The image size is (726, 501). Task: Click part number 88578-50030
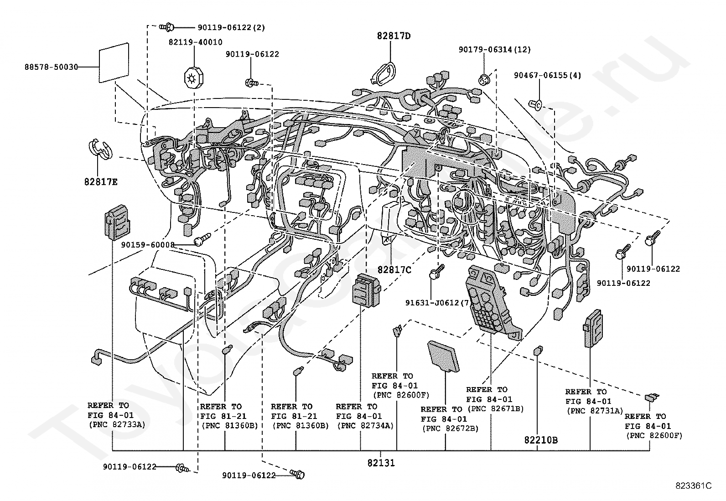tap(51, 67)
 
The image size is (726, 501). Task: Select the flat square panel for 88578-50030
tap(114, 62)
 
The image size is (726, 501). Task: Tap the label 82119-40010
tap(196, 42)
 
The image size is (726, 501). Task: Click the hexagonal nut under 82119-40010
tap(193, 78)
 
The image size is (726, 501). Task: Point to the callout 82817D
tap(394, 36)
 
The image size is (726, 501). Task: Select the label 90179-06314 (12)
tap(495, 50)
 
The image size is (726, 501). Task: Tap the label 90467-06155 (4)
tap(547, 75)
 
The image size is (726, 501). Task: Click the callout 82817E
tap(101, 182)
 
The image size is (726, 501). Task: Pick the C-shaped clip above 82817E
tap(99, 150)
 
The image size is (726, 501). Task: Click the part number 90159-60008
tap(148, 245)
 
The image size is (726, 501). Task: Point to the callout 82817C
tap(394, 270)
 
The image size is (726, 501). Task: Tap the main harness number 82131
tap(381, 463)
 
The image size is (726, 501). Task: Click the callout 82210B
tap(541, 440)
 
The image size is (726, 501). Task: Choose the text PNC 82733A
tap(117, 424)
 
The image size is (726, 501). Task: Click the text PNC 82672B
tap(451, 429)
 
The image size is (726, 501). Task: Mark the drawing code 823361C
tap(694, 486)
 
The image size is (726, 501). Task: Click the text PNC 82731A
tap(595, 411)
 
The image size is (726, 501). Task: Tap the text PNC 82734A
tap(365, 425)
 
